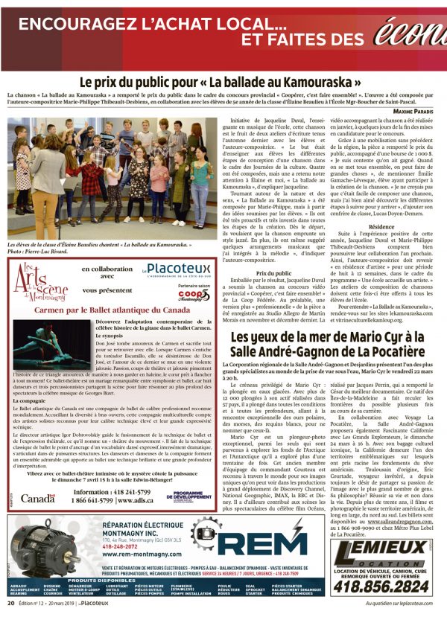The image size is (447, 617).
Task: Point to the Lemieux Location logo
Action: click(x=381, y=551)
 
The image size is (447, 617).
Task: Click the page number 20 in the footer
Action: click(x=10, y=603)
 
